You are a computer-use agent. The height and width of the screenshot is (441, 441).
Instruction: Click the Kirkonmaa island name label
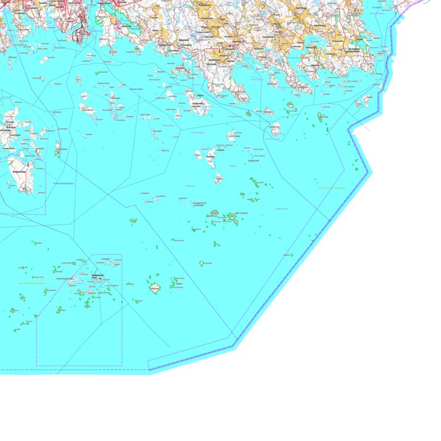click(21, 171)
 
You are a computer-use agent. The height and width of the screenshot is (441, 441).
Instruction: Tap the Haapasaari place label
click(97, 276)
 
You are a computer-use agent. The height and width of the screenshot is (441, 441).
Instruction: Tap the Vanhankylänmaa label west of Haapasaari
click(65, 279)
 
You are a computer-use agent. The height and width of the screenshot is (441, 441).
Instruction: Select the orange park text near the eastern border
click(332, 188)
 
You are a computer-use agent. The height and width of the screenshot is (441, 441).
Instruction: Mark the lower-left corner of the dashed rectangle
click(36, 366)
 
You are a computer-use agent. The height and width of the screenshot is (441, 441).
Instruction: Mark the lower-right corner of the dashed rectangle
click(122, 366)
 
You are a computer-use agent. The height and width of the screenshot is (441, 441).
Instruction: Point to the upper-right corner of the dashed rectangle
click(122, 254)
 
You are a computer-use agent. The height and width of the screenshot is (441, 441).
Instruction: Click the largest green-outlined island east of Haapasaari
click(155, 288)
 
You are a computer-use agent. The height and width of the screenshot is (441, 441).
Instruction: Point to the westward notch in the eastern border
click(350, 131)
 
